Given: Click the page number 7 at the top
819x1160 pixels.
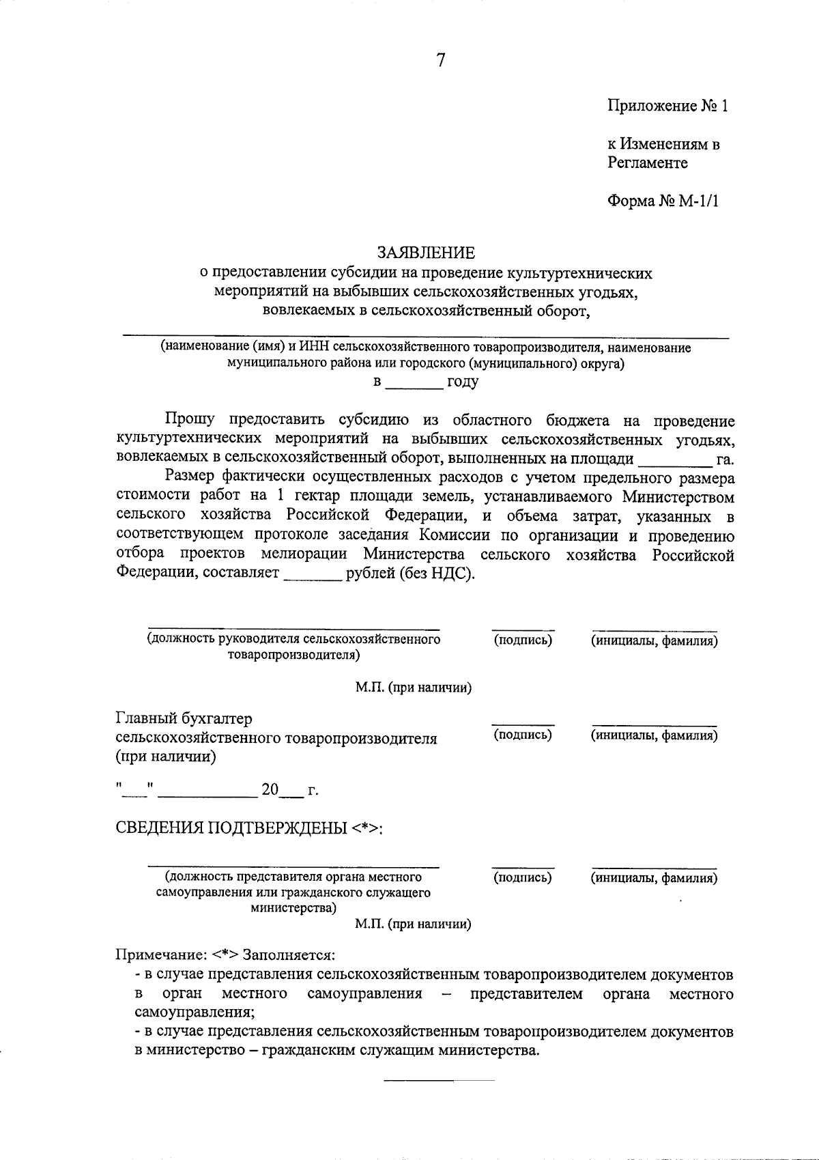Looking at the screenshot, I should coord(440,60).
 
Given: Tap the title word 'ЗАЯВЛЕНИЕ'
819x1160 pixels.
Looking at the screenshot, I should coord(427,253).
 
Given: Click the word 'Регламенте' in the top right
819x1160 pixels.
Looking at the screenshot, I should coord(647,163).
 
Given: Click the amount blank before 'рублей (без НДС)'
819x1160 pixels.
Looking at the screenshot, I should coord(312,575).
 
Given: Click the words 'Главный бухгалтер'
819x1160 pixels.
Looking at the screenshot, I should coord(184,719).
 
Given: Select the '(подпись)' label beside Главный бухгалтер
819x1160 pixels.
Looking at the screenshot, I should coord(522,735).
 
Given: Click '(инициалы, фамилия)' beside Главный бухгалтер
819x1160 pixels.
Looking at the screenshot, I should coord(653,735).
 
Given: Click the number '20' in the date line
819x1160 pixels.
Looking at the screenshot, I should coord(270,790).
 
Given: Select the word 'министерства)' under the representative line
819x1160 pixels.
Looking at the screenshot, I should coord(293,908).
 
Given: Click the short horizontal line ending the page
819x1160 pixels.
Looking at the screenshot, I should coord(439,1080).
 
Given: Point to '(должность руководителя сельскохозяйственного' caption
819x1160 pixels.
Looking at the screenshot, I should coord(293,640).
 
